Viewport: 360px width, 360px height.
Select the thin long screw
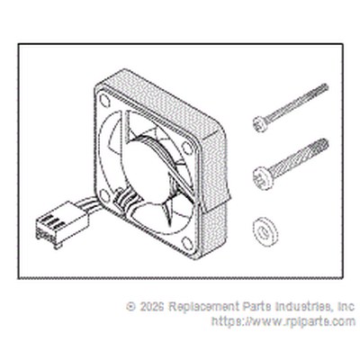[x=291, y=108]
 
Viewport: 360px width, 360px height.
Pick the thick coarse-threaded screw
[x=291, y=164]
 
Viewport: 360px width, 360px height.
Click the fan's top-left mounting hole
[x=104, y=100]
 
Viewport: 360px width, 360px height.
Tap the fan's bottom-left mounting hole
[x=104, y=195]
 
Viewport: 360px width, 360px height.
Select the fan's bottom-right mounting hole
[x=187, y=243]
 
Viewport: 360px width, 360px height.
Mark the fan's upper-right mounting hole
[x=188, y=148]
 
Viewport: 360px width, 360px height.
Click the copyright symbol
[x=131, y=306]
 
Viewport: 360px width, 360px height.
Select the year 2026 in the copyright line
[x=152, y=307]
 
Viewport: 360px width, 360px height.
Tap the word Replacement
[x=203, y=307]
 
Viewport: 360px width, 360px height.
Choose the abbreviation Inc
[x=346, y=307]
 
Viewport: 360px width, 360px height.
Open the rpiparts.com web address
[x=283, y=322]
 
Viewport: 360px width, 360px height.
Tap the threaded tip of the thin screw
[x=325, y=87]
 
